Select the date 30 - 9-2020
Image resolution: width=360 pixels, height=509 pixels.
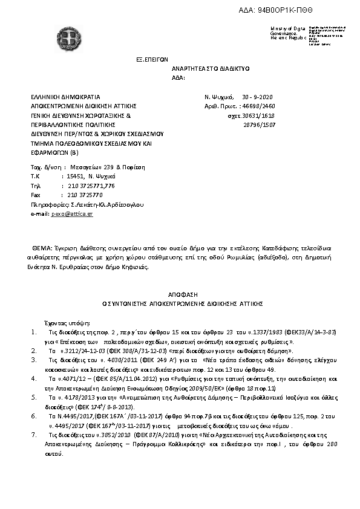258,97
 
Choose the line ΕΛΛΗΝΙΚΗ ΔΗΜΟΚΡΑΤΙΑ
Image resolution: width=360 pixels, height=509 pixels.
65,97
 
